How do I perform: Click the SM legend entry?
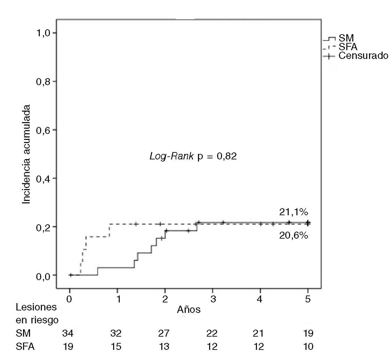click(346, 38)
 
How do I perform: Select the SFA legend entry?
click(348, 47)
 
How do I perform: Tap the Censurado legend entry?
click(363, 55)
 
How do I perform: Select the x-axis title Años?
click(189, 309)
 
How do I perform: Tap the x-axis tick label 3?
click(213, 299)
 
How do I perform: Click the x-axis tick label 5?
click(308, 299)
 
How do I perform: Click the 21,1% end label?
click(293, 212)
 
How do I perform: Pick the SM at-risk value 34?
click(68, 333)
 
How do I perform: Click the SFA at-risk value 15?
click(116, 347)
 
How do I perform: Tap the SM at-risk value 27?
click(163, 333)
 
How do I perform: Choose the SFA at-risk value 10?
click(308, 347)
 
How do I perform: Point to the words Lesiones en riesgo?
click(37, 314)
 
